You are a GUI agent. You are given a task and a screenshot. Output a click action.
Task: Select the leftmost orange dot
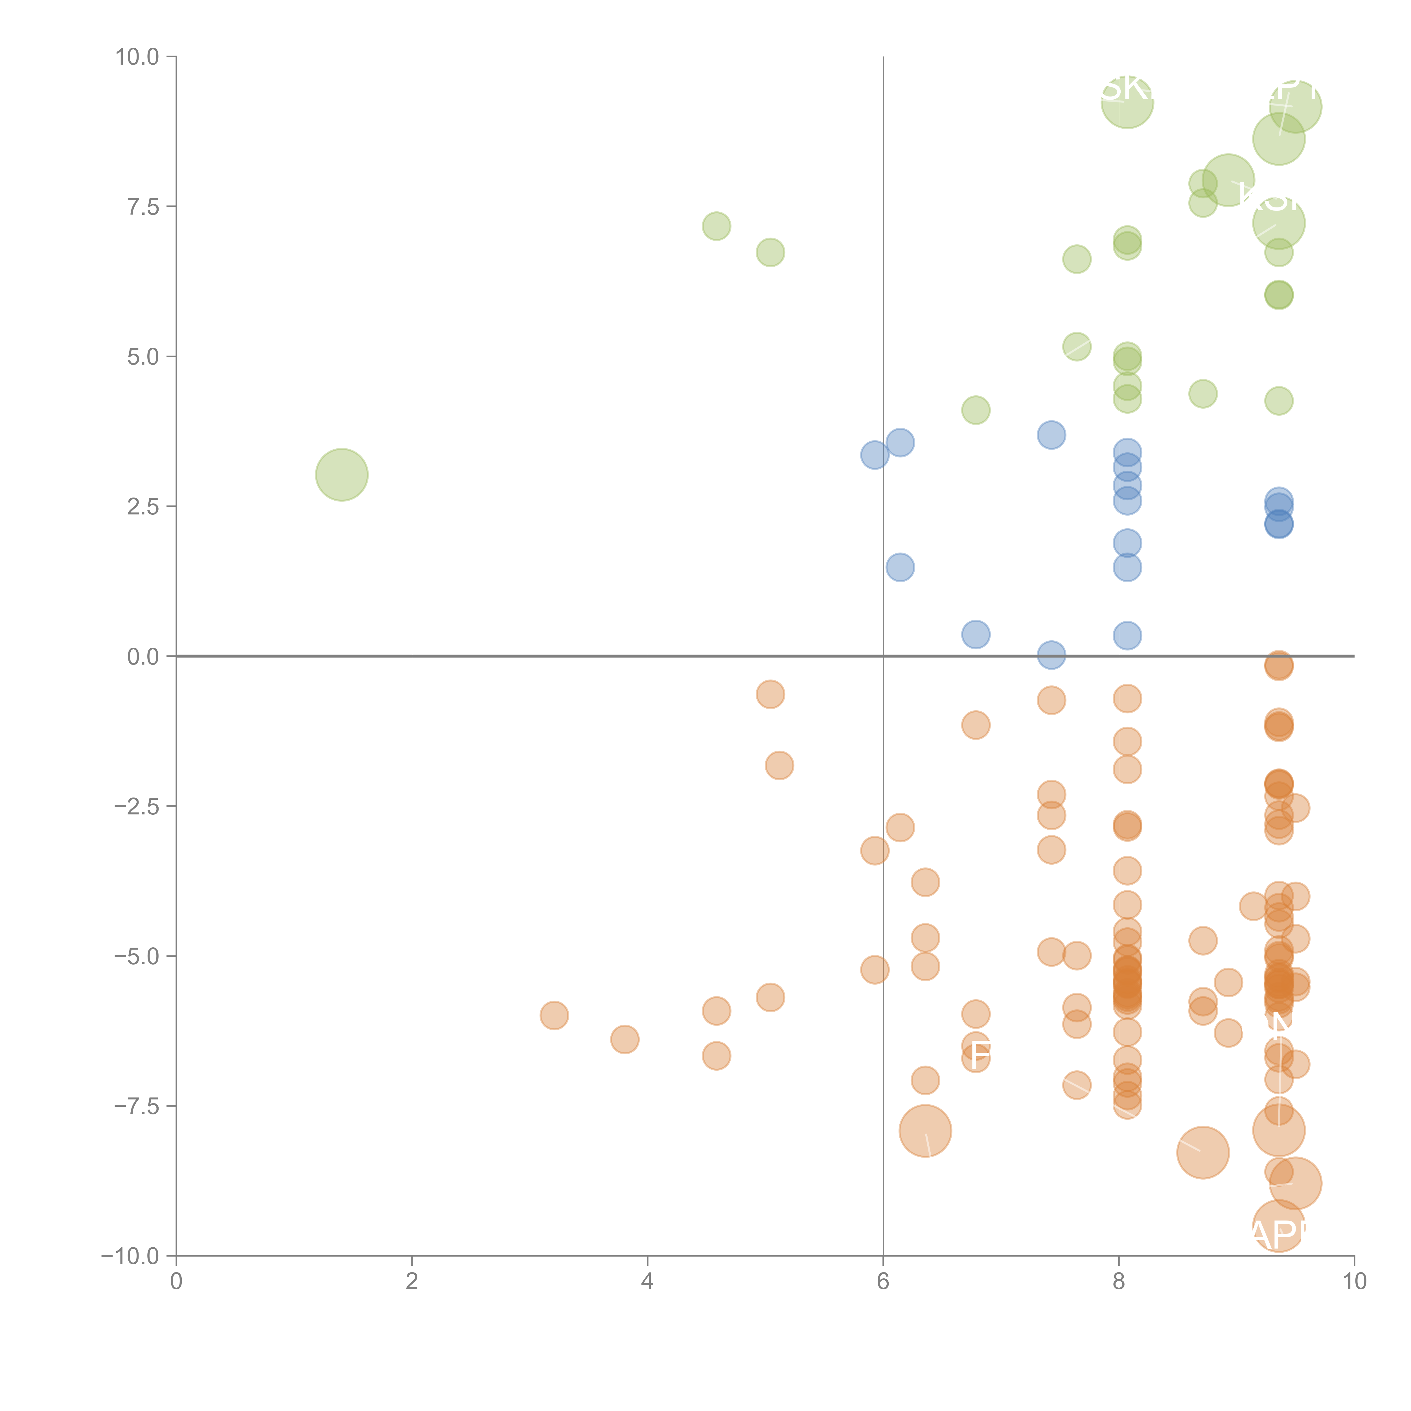pos(554,1015)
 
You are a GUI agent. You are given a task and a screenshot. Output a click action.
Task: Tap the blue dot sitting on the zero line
pos(1051,655)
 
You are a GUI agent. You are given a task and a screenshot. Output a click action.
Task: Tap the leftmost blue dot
pos(874,455)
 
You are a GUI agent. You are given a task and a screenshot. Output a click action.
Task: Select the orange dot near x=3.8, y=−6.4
pos(625,1039)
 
